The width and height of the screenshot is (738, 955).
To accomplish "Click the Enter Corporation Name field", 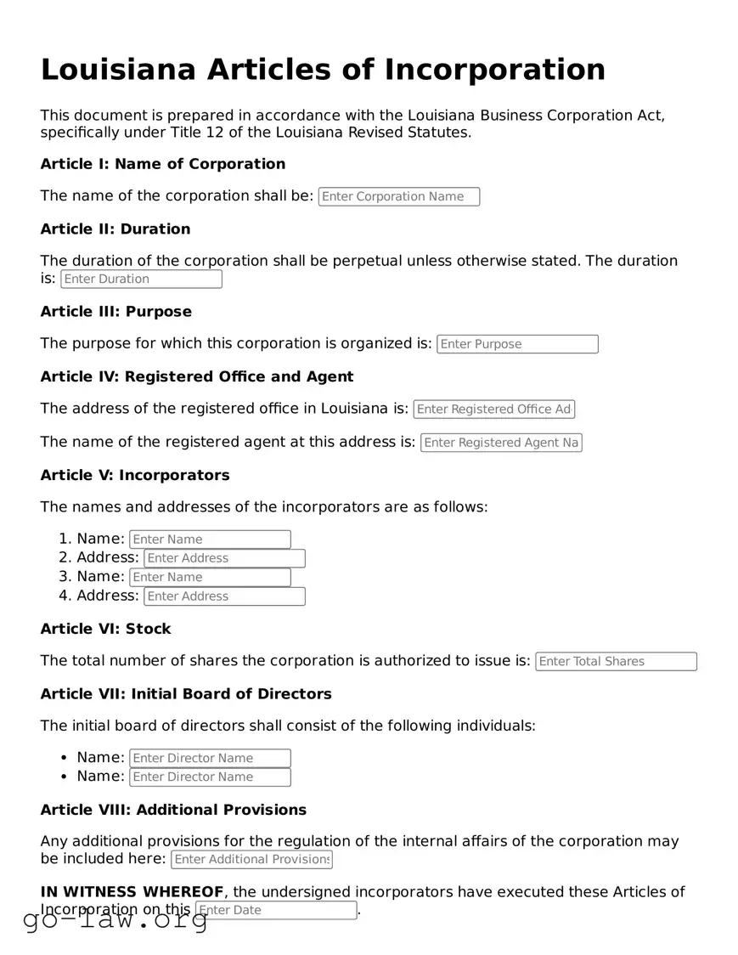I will (x=398, y=196).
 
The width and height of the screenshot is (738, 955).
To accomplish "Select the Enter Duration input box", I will (x=141, y=279).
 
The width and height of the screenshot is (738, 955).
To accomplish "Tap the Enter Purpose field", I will (x=517, y=344).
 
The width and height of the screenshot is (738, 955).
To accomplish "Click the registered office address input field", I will (x=494, y=410).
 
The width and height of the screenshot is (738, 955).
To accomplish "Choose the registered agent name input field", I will (x=501, y=443).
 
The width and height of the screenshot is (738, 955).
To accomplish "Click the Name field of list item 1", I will (x=210, y=540).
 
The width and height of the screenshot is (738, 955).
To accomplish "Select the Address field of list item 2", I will (x=224, y=558).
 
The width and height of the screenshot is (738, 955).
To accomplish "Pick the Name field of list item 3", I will (x=210, y=578).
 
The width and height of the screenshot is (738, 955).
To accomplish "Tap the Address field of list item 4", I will (x=224, y=596).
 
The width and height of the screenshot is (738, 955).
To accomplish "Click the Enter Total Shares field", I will (x=616, y=662).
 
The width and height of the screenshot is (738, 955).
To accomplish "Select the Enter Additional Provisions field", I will (x=251, y=859).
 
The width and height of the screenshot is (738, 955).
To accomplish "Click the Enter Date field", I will (x=276, y=910).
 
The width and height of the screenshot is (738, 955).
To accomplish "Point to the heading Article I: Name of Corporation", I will (x=163, y=164).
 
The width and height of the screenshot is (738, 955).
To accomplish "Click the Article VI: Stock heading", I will (x=105, y=629).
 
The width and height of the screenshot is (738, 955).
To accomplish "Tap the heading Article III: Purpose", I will (x=116, y=312).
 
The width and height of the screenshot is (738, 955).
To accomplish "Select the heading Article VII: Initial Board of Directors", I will (x=186, y=694).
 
